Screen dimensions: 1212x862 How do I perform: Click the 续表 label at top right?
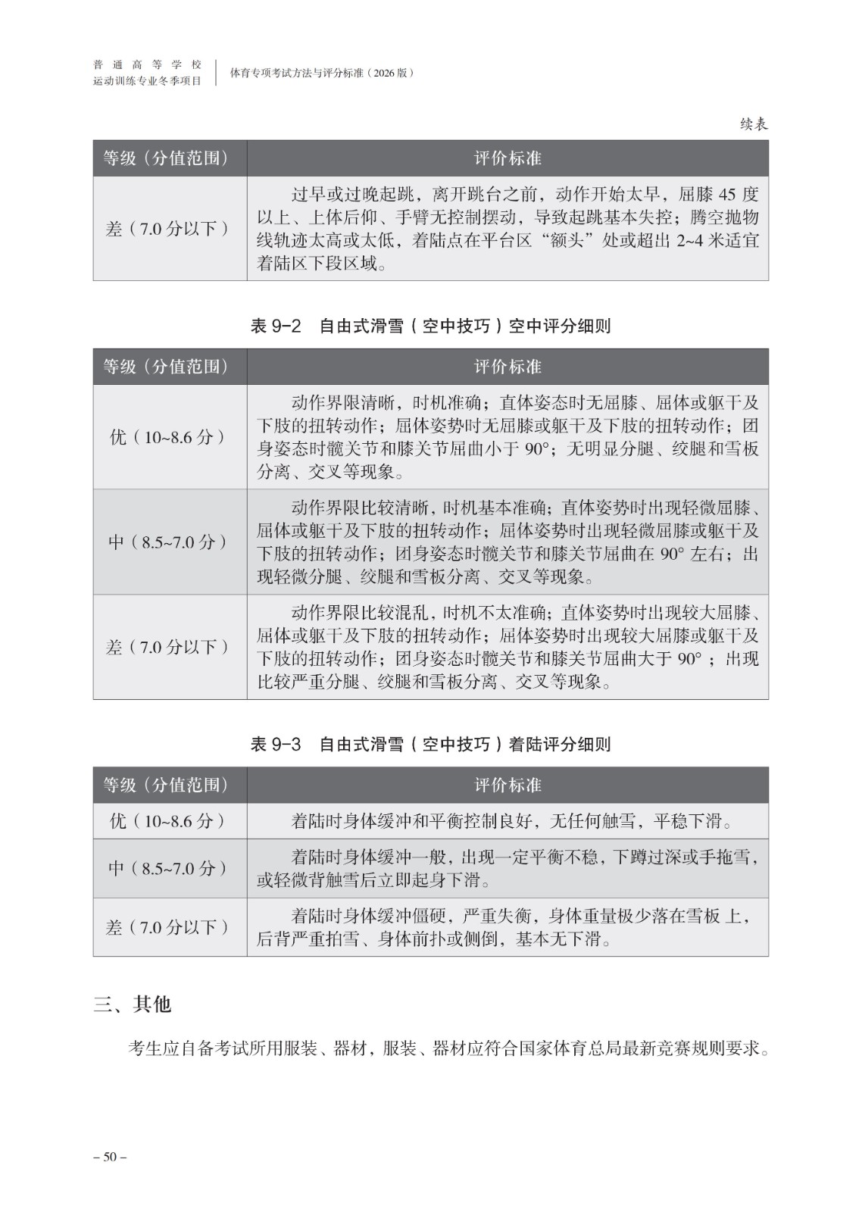click(x=753, y=124)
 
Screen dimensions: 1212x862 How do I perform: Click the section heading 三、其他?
click(x=133, y=1004)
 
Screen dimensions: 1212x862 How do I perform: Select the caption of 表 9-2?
click(x=430, y=326)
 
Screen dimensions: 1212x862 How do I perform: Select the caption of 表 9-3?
click(x=430, y=745)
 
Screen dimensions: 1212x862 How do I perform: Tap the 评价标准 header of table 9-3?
click(x=508, y=785)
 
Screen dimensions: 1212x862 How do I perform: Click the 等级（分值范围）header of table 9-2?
click(x=166, y=367)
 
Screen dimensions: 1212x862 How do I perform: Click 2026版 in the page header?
click(x=388, y=73)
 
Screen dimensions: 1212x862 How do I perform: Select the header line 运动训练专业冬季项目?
click(x=147, y=81)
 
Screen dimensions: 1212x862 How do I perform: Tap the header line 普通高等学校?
click(x=147, y=64)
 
